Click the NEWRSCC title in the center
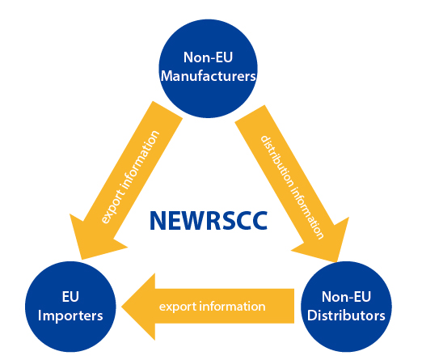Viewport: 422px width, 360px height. coord(209,221)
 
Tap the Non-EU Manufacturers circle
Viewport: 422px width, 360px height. coord(208,69)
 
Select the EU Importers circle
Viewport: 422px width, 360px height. coord(70,307)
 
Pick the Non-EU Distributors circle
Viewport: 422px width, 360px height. coord(346,307)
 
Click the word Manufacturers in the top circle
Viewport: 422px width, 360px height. coord(208,76)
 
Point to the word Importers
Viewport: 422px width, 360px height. coord(70,316)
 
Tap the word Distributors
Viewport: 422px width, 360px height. coord(346,316)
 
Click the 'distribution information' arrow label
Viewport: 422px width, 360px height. coord(292,188)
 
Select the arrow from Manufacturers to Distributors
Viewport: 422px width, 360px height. coord(292,184)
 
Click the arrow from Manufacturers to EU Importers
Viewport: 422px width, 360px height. coord(126,180)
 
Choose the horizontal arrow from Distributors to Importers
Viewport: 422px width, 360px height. coord(208,307)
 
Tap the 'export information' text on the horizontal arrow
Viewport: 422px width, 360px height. coord(213,307)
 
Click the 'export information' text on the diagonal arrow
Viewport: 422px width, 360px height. coord(130,177)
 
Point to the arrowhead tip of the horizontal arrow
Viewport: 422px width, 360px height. coord(122,307)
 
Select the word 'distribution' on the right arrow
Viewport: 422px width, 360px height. coord(277,162)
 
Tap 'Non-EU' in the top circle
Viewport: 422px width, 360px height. coord(208,57)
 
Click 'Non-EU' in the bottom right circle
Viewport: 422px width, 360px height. coord(346,297)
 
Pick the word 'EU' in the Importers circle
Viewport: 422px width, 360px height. coord(70,297)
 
